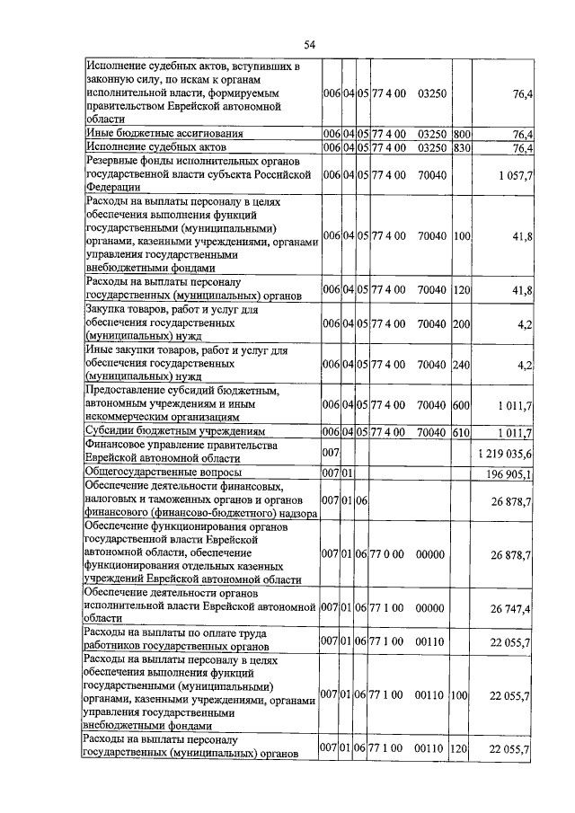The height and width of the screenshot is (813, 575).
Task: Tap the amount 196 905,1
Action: point(509,474)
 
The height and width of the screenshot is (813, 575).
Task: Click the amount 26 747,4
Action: point(510,609)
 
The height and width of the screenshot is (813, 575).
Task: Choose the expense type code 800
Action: point(463,134)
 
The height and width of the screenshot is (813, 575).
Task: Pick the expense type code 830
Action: point(463,147)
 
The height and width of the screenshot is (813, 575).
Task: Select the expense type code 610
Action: point(463,432)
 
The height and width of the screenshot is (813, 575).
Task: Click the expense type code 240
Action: point(463,365)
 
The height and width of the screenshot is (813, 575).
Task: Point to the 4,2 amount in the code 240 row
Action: point(523,365)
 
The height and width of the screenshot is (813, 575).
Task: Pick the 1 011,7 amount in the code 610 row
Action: point(513,433)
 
